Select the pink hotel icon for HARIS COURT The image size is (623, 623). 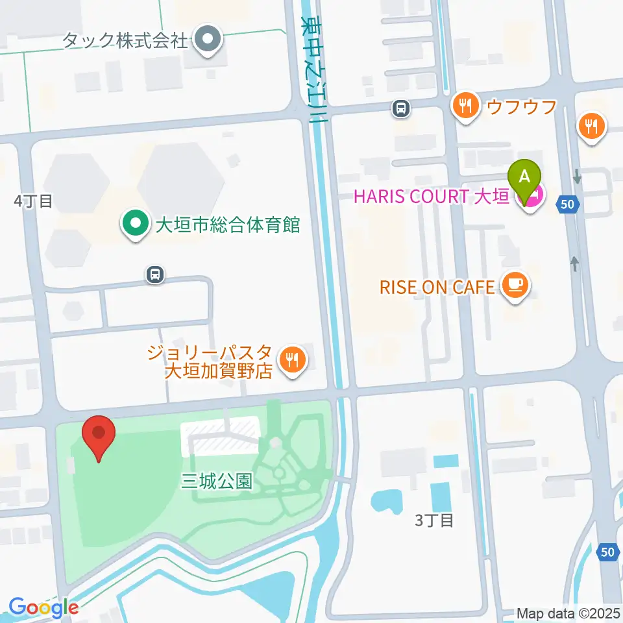[x=533, y=195]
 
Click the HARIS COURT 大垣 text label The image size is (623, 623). [x=430, y=195]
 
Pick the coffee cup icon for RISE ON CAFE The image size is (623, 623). [x=515, y=286]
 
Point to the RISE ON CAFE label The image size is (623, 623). [x=437, y=286]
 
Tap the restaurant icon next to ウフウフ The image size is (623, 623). [x=465, y=104]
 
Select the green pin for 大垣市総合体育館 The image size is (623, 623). [x=135, y=225]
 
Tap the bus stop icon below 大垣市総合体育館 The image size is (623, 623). [x=155, y=275]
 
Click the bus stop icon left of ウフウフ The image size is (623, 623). [x=402, y=108]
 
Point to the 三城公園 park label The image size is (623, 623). [x=216, y=482]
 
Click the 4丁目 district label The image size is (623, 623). [x=34, y=201]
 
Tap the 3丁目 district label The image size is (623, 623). [x=434, y=520]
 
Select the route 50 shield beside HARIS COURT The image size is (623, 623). [x=568, y=204]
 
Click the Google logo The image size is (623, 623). [x=43, y=608]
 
